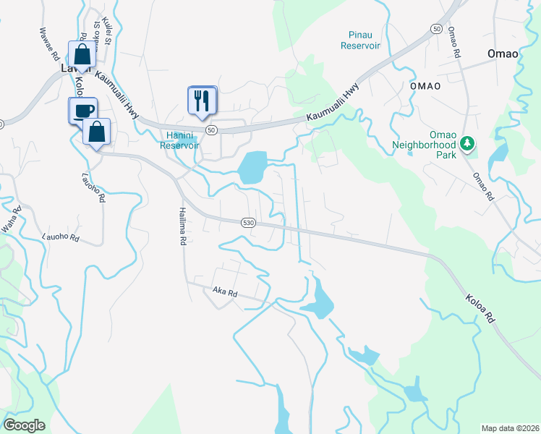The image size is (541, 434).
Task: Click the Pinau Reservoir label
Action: [x=360, y=39]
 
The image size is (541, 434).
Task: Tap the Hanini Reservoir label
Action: [x=179, y=140]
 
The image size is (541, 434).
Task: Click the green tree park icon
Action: [x=467, y=143]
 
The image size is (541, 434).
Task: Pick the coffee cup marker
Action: [x=82, y=110]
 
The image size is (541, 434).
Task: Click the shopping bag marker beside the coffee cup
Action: [x=96, y=132]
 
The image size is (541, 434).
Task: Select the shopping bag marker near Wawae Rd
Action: [x=82, y=55]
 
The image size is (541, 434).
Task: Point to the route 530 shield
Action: [x=248, y=223]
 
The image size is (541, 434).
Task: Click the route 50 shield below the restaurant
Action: [x=211, y=129]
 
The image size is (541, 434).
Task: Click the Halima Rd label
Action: [x=183, y=226]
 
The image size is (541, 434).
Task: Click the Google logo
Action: [x=24, y=425]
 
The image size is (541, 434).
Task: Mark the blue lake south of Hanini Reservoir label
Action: [x=252, y=168]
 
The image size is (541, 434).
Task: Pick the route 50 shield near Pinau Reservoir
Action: [x=436, y=27]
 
